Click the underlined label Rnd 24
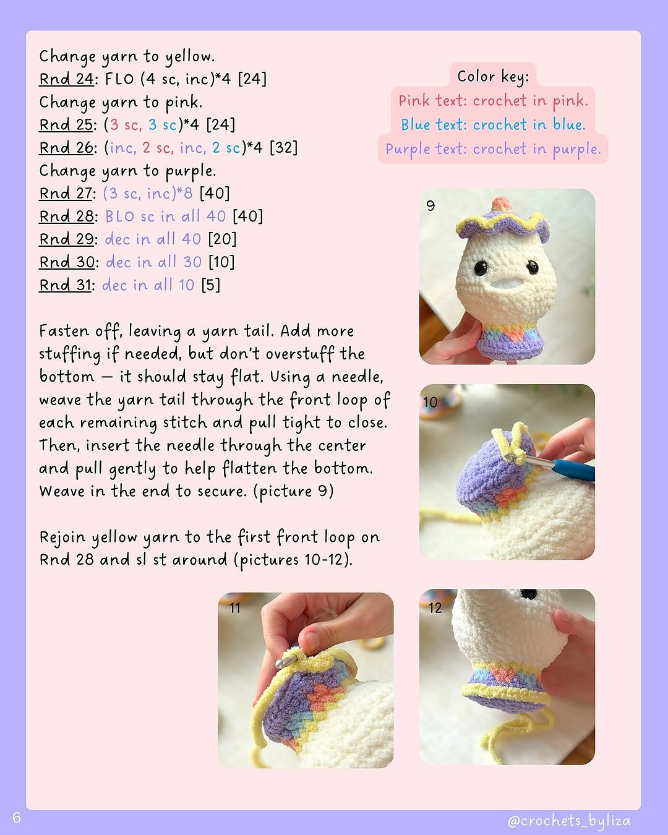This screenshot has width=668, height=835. pos(66,79)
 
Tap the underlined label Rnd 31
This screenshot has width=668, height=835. pos(65,285)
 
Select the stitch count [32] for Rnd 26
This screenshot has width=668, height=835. pos(284,148)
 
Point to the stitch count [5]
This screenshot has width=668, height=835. pos(211,285)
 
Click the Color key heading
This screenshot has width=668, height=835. pos(493,77)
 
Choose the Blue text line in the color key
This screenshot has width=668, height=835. pos(493,125)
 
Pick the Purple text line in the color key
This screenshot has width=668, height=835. pos(493,150)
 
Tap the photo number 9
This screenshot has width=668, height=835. pos(430,205)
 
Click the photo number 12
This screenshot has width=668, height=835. pos(435,607)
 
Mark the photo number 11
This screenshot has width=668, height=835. pos(235,607)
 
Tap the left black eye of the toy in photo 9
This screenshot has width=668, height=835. pos(481,268)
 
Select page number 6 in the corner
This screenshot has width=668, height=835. pos(16,818)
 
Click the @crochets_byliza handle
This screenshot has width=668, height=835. pos(569,821)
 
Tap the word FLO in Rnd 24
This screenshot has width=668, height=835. pos(119,79)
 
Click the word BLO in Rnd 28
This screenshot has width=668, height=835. pos(120,216)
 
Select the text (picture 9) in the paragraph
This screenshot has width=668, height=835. pos(293,492)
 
